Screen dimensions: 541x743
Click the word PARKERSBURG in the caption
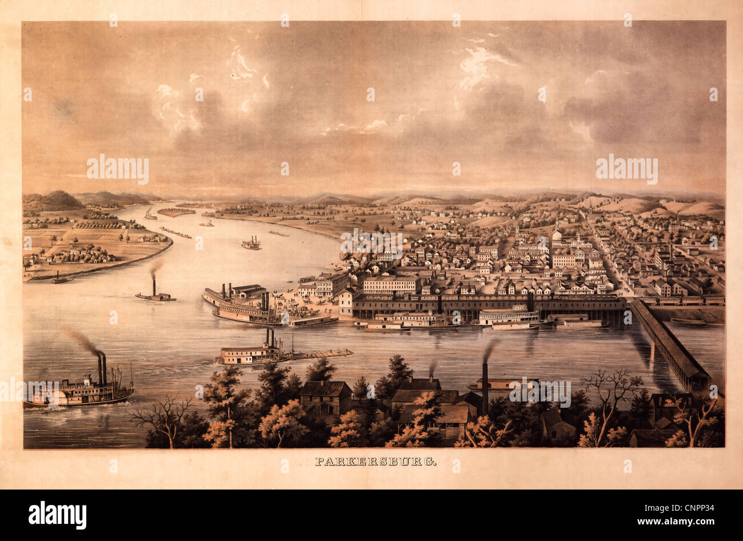point(376,462)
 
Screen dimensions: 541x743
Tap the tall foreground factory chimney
point(485,389)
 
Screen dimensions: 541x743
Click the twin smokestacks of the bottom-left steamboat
point(102,369)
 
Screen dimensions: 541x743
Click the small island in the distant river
point(176,212)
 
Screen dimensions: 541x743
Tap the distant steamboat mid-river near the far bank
point(251,244)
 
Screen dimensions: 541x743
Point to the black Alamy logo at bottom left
point(57,515)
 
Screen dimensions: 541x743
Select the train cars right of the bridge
point(686,300)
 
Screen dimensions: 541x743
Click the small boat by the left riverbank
point(61,280)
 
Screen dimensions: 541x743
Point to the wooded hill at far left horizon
point(54,201)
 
